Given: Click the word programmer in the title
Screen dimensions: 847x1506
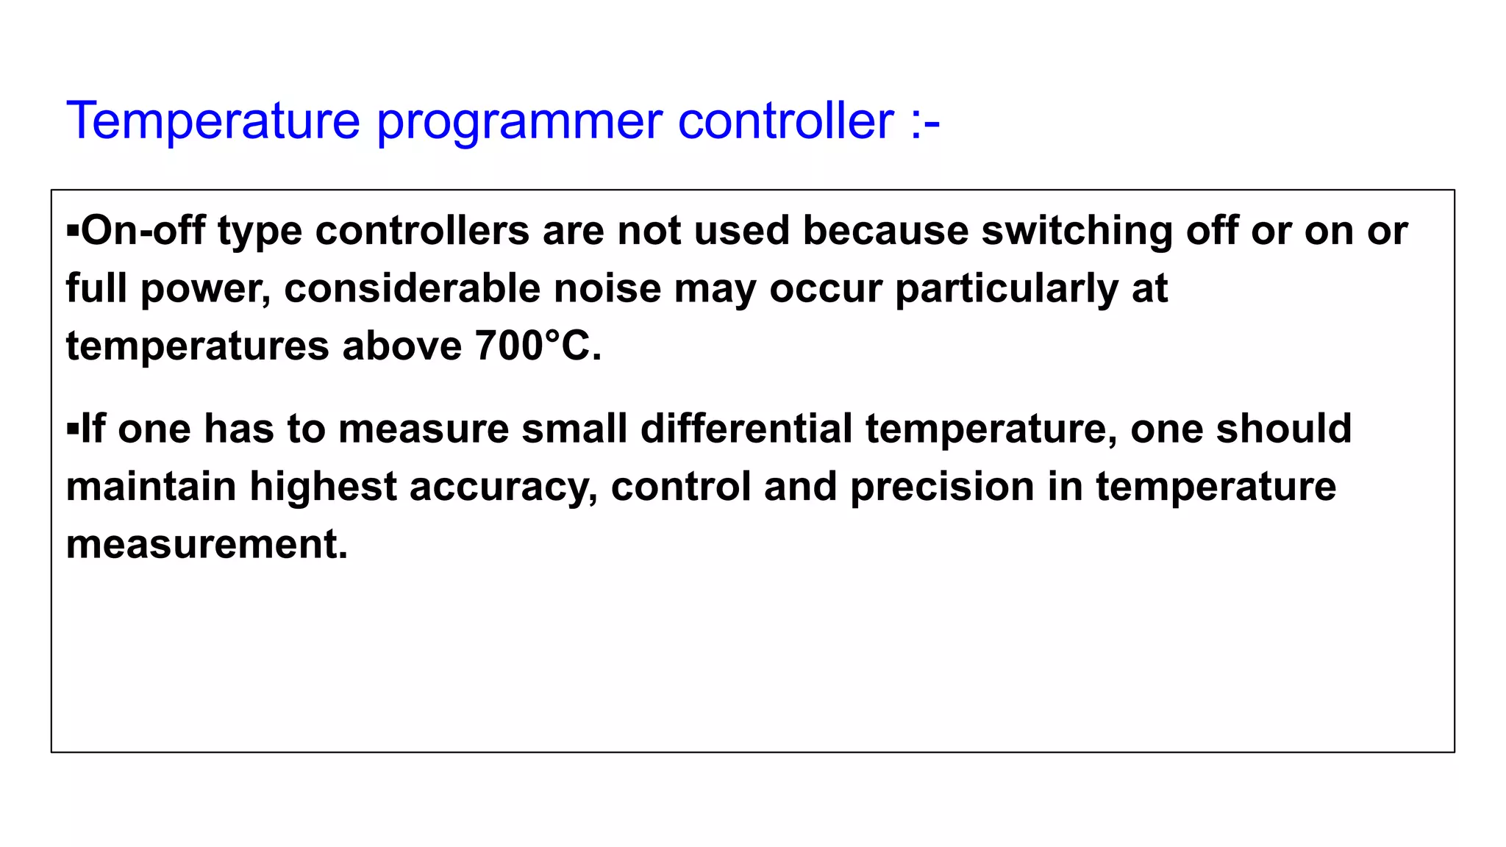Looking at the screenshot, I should [x=519, y=121].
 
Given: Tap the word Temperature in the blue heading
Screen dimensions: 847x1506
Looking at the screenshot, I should [x=213, y=121].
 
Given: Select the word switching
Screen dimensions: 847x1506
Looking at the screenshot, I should [x=1077, y=232].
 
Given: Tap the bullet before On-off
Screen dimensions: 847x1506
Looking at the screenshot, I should [x=72, y=230].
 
